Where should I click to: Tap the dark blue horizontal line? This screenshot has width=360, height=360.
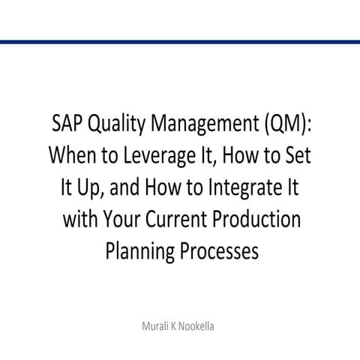pyautogui.click(x=180, y=42)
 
